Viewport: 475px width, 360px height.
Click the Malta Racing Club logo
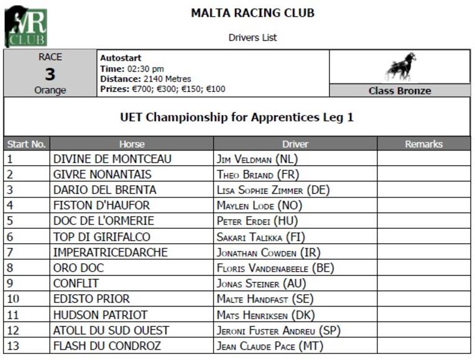(x=25, y=27)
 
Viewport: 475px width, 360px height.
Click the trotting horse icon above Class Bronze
(x=400, y=67)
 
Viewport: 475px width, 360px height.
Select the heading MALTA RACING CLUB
(x=252, y=13)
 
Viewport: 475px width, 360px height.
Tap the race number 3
(x=50, y=75)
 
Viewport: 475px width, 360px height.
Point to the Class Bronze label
(x=399, y=91)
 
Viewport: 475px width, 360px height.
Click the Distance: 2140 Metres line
(x=145, y=79)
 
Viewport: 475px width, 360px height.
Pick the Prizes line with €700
(x=162, y=89)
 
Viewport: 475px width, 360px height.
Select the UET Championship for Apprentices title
(x=237, y=117)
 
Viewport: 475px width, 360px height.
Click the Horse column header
(x=132, y=144)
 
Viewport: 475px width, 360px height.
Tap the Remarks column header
(x=423, y=144)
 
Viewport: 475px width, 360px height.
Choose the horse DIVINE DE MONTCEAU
(x=112, y=159)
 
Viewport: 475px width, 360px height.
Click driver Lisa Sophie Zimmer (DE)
(x=273, y=190)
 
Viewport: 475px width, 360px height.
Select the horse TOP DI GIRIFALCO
(x=101, y=237)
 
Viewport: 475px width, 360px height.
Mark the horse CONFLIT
(x=76, y=284)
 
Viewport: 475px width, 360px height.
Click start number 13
(x=14, y=346)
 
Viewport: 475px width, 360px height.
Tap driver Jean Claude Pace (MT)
(x=270, y=346)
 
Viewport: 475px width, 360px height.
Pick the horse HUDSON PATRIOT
(x=100, y=315)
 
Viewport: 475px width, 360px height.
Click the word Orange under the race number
(x=50, y=91)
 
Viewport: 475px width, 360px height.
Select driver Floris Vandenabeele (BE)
(x=275, y=268)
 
